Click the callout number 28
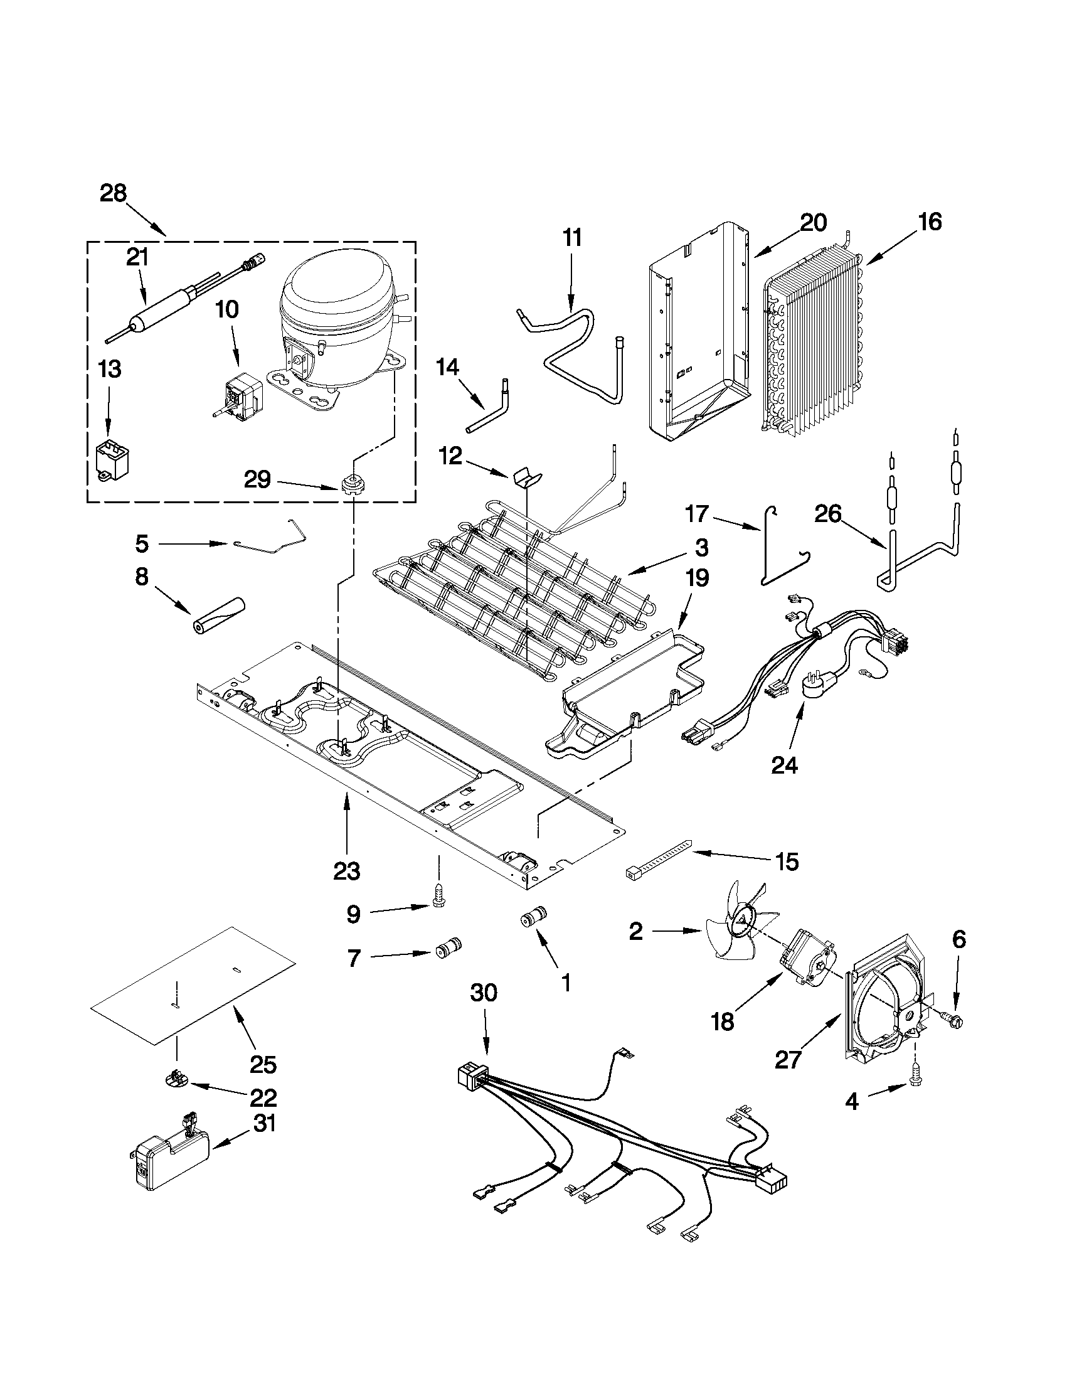pyautogui.click(x=113, y=193)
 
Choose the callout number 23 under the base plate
pyautogui.click(x=346, y=872)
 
